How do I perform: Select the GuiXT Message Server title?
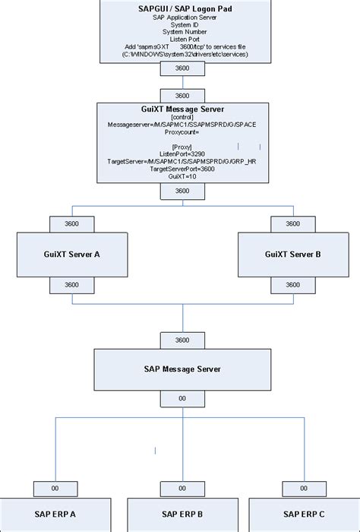tap(182, 109)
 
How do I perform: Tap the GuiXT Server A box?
tap(70, 255)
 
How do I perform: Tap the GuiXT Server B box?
tap(292, 255)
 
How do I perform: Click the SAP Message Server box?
tap(182, 369)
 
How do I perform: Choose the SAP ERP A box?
tap(55, 515)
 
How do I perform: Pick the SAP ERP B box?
tap(182, 515)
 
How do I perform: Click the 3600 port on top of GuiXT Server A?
tap(70, 224)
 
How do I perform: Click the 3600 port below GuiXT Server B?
tap(292, 285)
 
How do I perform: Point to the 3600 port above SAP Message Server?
tap(182, 339)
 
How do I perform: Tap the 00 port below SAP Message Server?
tap(182, 398)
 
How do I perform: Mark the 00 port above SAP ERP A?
tap(55, 489)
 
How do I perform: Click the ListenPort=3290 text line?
tap(182, 154)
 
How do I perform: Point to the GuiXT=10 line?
tap(182, 176)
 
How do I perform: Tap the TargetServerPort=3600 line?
tap(182, 169)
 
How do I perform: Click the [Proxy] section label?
tap(182, 146)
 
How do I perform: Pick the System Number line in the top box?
tap(181, 32)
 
